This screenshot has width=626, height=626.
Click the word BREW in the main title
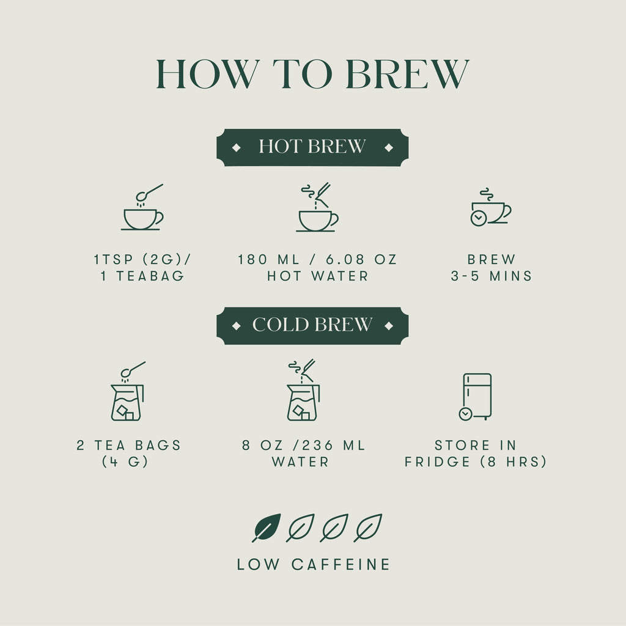407,75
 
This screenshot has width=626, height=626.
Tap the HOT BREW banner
312,147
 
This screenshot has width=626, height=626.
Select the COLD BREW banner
312,325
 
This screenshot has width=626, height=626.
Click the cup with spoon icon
142,209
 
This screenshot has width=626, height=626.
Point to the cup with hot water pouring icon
317,209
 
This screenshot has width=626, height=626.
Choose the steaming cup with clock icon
490,208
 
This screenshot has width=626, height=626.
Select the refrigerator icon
476,396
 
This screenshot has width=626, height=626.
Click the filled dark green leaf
267,527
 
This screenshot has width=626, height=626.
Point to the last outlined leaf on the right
368,527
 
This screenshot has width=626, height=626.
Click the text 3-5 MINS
492,276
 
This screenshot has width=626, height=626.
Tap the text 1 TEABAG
142,276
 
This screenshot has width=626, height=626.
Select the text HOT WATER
318,276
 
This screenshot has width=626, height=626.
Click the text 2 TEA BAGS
129,445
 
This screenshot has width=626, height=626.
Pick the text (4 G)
125,462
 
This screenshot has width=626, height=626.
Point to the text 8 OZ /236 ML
304,445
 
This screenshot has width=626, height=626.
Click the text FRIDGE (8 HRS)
476,462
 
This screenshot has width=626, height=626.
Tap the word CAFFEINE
341,564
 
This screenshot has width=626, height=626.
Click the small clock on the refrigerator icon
465,414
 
